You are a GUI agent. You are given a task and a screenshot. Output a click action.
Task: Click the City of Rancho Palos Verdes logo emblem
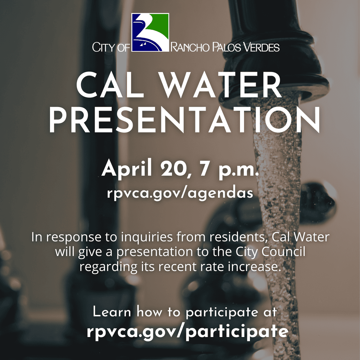click(150, 32)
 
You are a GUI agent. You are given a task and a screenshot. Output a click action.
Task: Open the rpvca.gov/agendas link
click(180, 193)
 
